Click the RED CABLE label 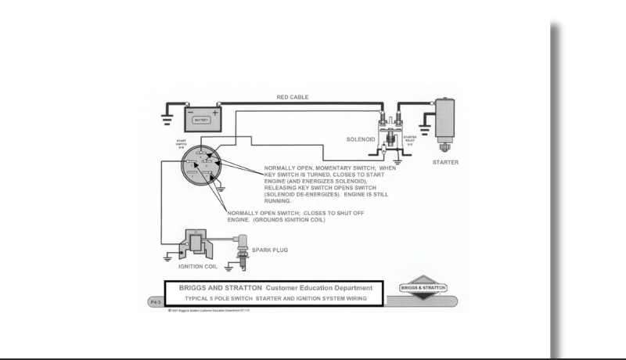pos(292,97)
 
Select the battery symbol pos(202,118)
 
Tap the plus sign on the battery pos(216,111)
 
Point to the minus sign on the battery pos(191,111)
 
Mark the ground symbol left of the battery pos(167,121)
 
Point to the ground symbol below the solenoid pos(397,164)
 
